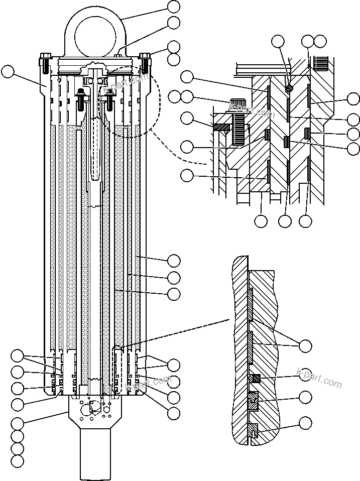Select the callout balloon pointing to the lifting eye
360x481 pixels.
pos(174,7)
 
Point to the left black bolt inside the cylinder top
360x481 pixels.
pos(80,94)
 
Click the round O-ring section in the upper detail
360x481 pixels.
pos(289,87)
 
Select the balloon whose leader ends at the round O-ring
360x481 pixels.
pos(277,41)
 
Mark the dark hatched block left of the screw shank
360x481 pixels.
pos(221,128)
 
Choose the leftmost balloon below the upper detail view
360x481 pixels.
pos(261,220)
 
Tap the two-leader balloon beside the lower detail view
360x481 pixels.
pos(305,345)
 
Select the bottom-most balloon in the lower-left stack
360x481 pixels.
pos(18,460)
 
